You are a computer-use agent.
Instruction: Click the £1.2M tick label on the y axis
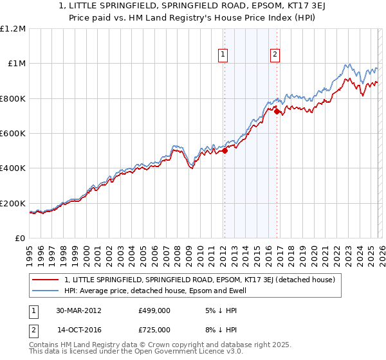click(x=14, y=28)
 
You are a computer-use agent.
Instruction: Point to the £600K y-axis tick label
click(x=13, y=133)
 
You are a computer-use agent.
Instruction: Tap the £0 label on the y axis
click(x=20, y=238)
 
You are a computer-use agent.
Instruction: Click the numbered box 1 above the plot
click(x=223, y=55)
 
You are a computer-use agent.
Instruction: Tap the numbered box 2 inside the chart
click(x=275, y=55)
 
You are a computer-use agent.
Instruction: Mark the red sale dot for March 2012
click(x=225, y=151)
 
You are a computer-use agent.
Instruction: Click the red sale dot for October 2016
click(x=277, y=112)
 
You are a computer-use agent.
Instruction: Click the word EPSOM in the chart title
click(x=249, y=6)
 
